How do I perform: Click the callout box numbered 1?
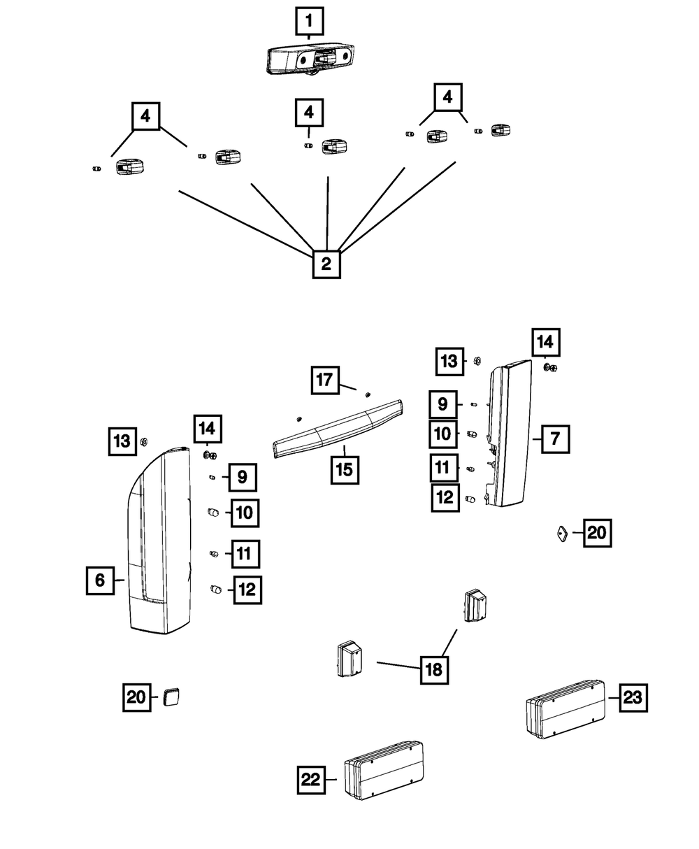point(309,21)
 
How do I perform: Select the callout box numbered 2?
point(326,264)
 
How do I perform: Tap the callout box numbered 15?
point(345,470)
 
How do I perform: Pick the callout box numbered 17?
point(325,380)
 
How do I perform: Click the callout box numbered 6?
point(100,580)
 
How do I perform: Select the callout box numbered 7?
point(555,439)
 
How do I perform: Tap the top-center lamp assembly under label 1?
point(310,59)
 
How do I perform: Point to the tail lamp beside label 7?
point(508,433)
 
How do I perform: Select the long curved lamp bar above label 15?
point(338,429)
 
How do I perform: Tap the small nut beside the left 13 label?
point(143,441)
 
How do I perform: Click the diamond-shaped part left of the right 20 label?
point(562,534)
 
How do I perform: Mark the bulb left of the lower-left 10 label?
point(213,513)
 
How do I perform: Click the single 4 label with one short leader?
point(309,113)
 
